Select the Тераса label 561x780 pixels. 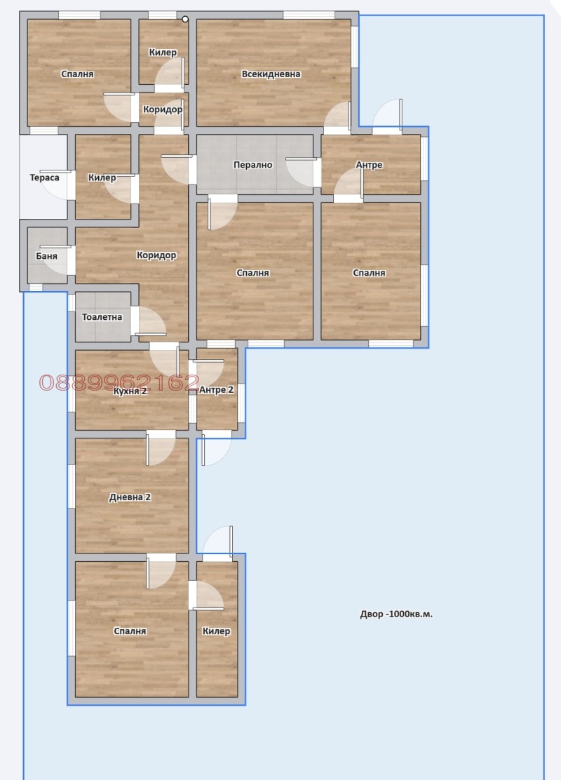(44, 177)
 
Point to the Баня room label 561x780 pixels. (46, 256)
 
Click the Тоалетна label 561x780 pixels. (102, 317)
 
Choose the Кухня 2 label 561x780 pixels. (130, 391)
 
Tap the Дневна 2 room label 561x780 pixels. (130, 497)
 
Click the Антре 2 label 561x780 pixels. (216, 390)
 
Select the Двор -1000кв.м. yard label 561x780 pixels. (396, 614)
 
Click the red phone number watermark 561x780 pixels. (119, 382)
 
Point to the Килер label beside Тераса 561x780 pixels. (102, 178)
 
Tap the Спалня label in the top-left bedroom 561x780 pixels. (77, 74)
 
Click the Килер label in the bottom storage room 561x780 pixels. (216, 631)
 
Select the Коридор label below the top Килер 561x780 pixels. (163, 109)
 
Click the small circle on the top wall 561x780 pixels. (185, 20)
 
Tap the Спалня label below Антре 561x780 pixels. (369, 273)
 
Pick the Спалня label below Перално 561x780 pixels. (252, 273)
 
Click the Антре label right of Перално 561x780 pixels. (369, 166)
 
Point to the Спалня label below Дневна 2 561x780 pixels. (130, 631)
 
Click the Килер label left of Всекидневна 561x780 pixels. (163, 53)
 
